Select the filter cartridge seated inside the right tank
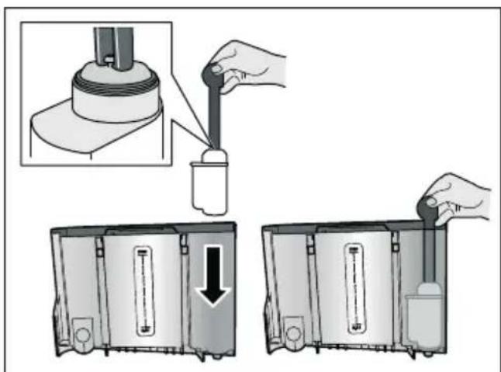tap(426, 311)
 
